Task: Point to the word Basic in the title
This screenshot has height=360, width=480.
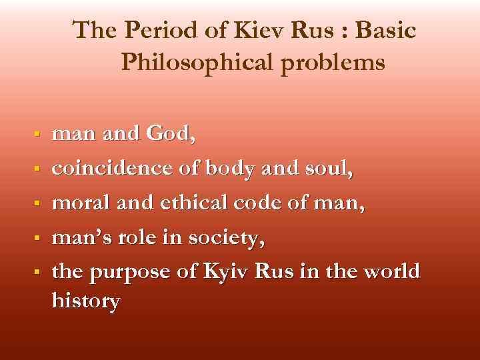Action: point(387,31)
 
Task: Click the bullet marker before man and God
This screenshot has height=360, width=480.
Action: point(39,135)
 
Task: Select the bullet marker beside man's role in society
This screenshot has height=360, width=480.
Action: point(39,237)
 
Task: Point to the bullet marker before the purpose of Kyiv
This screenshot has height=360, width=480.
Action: point(39,272)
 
